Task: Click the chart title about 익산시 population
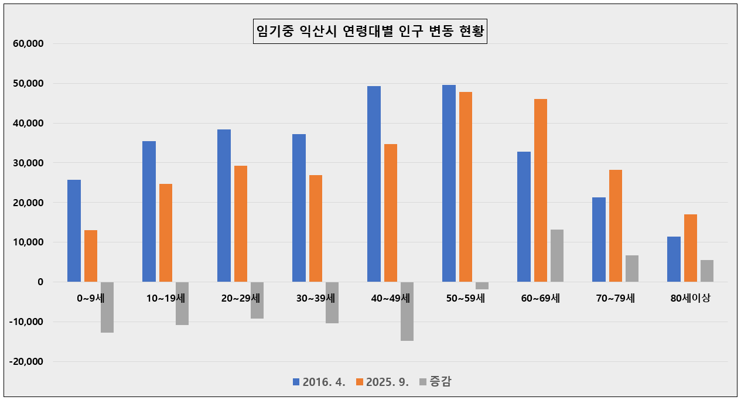tap(371, 31)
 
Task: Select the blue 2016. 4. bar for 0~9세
tap(74, 231)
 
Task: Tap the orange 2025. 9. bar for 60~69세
tap(541, 190)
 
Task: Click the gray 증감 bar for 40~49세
tap(407, 311)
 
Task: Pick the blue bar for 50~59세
tap(449, 183)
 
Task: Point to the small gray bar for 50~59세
tap(482, 286)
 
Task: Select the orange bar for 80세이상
tap(691, 248)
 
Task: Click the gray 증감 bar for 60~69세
tap(557, 255)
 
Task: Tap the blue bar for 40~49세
tap(374, 184)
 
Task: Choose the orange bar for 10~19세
tap(166, 233)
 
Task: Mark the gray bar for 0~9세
tap(107, 307)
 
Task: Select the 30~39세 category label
tap(316, 298)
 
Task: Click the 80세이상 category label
tap(691, 298)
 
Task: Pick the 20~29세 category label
tap(241, 298)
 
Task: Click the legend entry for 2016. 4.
tap(319, 382)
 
